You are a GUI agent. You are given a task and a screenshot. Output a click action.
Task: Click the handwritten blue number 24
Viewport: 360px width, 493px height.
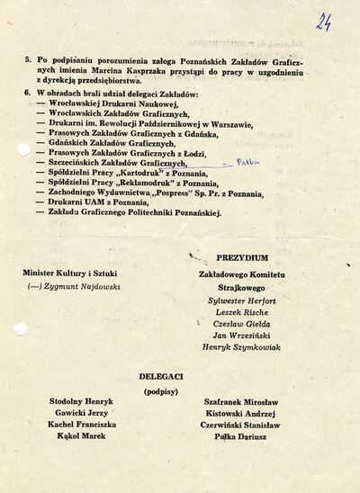pyautogui.click(x=324, y=21)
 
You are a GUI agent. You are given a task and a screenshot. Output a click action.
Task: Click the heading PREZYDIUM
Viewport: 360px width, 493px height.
pyautogui.click(x=242, y=257)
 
